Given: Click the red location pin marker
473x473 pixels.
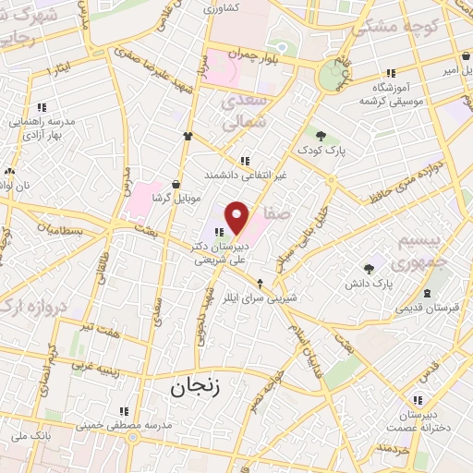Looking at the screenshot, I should [237, 217].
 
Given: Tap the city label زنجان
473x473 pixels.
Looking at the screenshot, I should [196, 388].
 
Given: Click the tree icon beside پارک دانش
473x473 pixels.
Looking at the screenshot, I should [370, 269].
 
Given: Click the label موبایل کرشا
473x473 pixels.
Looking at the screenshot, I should [177, 196].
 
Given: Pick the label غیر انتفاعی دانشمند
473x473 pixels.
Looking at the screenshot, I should [245, 176].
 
